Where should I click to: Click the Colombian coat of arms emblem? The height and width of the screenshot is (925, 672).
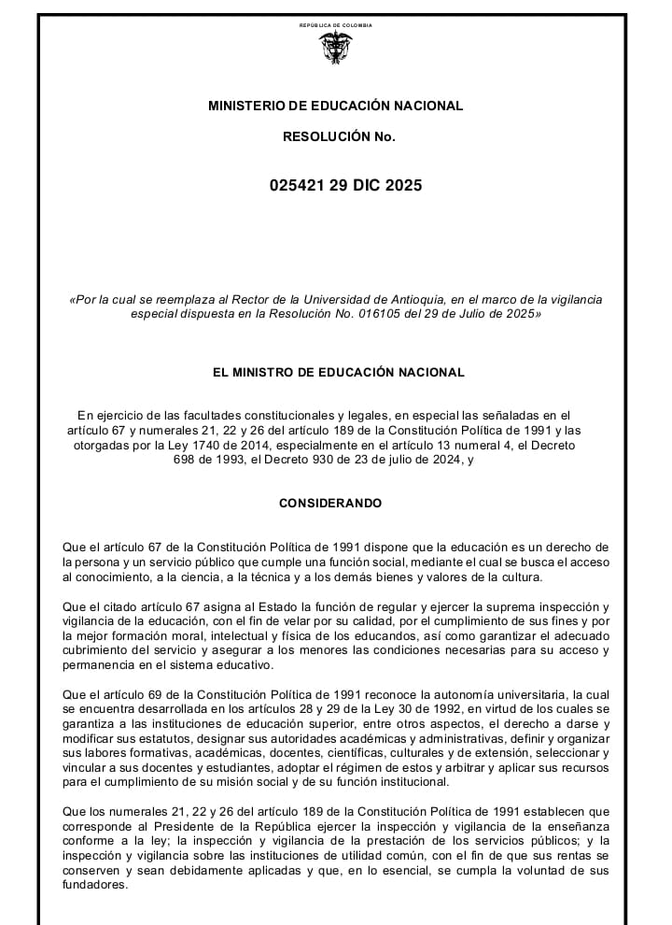tap(335, 47)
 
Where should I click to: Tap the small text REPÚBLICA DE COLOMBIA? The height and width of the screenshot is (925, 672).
tap(335, 25)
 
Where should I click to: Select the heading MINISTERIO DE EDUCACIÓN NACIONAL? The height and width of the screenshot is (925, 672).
tap(335, 106)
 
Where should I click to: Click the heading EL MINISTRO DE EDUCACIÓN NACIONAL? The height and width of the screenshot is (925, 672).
tap(338, 372)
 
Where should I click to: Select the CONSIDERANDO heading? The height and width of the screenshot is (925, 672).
tap(330, 503)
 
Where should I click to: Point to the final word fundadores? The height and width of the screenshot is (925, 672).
tap(93, 886)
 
